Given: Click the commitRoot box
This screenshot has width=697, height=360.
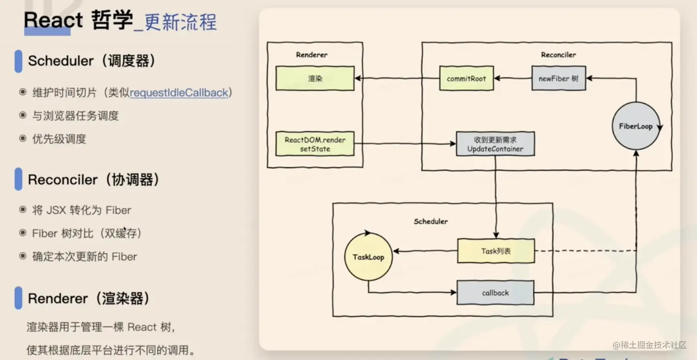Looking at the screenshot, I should point(466,78).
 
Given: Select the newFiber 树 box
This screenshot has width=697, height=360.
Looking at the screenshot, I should point(558,78).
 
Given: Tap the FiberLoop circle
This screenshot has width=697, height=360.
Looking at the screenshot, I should point(636,126).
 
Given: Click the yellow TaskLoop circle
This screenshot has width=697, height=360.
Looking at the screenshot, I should point(368,257).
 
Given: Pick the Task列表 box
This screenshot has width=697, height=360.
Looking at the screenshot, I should point(496,251).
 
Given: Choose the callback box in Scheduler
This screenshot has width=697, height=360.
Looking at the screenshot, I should point(495,293).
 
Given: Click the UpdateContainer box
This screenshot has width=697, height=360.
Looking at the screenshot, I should point(495,144).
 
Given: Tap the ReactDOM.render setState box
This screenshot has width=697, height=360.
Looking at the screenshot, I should point(315,144).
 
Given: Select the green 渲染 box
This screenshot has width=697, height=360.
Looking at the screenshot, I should point(315,78).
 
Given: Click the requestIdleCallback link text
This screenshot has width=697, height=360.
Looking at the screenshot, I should point(179,93).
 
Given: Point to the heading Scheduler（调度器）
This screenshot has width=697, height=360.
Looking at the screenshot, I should point(91,61).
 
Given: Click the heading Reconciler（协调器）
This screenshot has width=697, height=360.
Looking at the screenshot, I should point(94,180).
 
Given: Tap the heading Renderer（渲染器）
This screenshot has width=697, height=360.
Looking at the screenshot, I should point(89,299).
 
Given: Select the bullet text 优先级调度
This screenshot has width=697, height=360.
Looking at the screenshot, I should point(59,139).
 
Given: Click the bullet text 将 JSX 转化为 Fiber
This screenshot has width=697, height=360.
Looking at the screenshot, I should point(82,210).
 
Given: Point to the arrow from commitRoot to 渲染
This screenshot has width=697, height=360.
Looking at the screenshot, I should point(396,78).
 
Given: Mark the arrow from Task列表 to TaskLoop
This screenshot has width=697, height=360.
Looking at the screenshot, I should point(425,251).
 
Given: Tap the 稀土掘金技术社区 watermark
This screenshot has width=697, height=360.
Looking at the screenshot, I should point(650,345).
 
